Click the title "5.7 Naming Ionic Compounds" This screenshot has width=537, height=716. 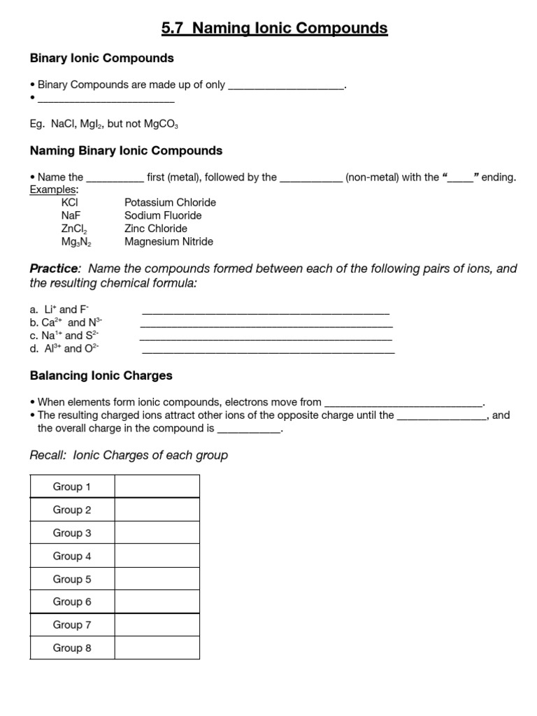coord(274,29)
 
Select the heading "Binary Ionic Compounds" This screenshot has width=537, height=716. coord(101,58)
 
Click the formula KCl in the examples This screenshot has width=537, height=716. coord(70,202)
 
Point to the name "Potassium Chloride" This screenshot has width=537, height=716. coord(170,202)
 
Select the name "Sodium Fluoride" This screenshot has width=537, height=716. coord(163,215)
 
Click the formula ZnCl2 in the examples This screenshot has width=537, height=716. coord(74,229)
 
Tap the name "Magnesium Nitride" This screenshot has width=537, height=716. coord(169,242)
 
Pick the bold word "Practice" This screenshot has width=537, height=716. coord(55,269)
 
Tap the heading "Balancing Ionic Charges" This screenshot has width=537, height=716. coord(101,375)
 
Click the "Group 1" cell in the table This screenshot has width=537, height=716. coord(72,487)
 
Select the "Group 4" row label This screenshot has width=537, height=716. coord(72,556)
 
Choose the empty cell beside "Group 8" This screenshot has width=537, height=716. coord(157,647)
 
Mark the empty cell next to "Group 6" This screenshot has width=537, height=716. coord(157,601)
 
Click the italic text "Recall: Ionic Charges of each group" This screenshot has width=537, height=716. coord(129,455)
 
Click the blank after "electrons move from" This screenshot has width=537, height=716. coord(404,403)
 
